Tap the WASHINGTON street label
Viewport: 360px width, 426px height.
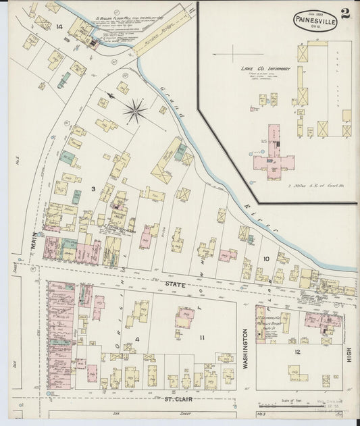pos(245,344)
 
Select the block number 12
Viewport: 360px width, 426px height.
pos(297,352)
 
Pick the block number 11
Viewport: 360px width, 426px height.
pos(201,336)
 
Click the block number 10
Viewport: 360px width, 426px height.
pos(266,259)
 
